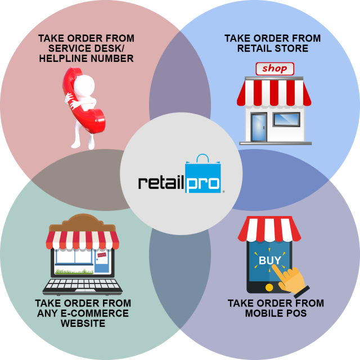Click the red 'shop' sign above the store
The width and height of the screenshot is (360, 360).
275,69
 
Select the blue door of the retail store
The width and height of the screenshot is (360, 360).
259,127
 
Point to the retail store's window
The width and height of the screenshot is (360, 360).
286,119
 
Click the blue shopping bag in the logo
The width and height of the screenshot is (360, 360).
203,173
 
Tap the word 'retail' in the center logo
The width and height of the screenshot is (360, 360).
161,182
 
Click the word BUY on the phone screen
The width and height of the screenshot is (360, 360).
270,260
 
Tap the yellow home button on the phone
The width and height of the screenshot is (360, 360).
269,287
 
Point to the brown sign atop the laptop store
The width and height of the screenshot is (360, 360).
82,223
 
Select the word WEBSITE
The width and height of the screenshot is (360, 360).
83,323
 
